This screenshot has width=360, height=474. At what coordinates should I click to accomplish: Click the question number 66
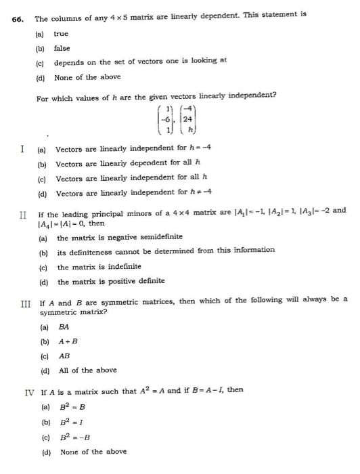[18, 19]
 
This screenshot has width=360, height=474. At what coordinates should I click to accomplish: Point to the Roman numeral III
[26, 300]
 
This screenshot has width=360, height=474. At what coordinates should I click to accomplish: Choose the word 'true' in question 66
[61, 33]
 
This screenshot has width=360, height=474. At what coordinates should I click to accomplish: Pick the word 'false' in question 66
[62, 47]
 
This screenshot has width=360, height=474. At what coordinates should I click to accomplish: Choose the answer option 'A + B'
[68, 341]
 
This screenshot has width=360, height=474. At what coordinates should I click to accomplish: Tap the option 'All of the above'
[87, 370]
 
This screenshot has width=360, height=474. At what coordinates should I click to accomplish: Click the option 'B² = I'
[73, 423]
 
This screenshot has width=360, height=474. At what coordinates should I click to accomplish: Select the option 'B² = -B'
[76, 437]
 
